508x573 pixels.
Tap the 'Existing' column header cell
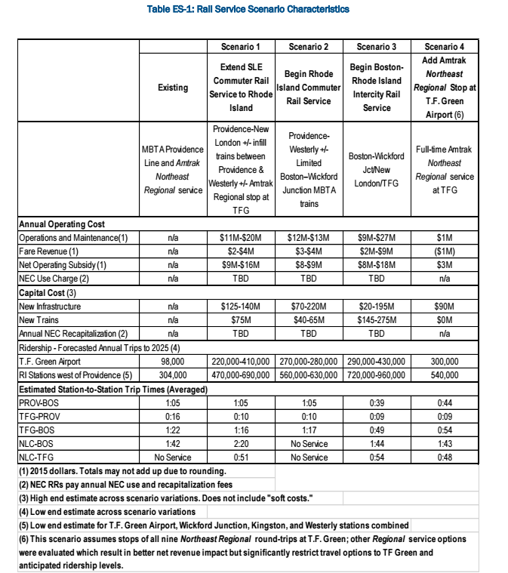[173, 88]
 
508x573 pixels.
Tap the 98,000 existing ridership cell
[173, 361]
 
